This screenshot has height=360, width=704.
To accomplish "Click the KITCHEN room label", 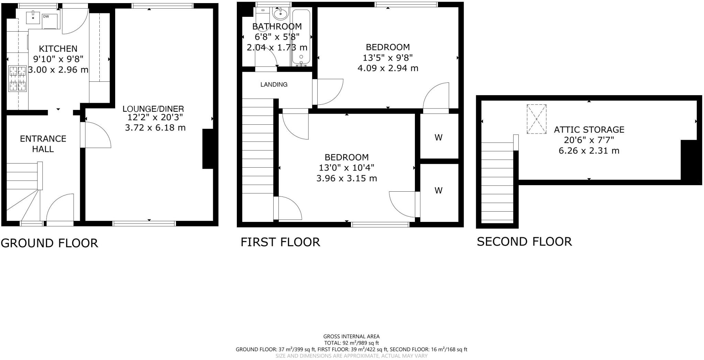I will coord(58,49).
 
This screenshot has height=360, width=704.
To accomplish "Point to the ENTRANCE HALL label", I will coord(43,144).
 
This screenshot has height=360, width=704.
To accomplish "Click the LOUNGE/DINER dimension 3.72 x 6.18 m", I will coord(155,128).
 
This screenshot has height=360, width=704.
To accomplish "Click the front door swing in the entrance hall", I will coord(60,208).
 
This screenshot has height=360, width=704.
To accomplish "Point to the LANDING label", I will coord(274,85).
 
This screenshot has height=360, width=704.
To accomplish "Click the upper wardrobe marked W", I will coord(438,137).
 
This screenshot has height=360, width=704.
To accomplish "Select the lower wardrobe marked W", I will coord(438,190).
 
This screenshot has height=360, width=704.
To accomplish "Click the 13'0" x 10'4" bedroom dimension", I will coord(346,168).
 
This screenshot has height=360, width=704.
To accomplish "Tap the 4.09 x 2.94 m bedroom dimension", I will coord(388,68).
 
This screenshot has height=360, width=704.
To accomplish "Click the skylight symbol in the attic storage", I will coord(536,119).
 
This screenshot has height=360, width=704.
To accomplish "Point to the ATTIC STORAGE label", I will coord(589,130).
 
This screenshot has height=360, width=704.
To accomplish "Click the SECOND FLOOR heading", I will coord(524,241).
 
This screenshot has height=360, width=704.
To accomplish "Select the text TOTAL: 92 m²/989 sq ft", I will coord(351,343).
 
